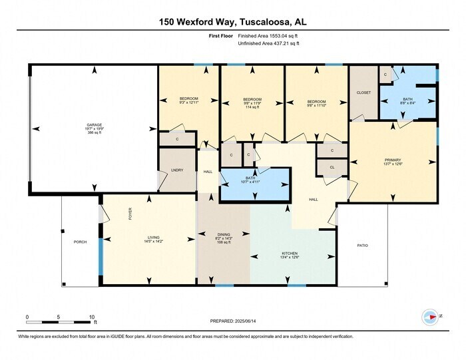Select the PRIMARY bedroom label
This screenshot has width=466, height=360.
tap(393, 160)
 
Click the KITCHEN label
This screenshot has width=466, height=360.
tap(290, 253)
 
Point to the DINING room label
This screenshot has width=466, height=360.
tap(224, 234)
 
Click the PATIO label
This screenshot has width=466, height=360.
tap(362, 246)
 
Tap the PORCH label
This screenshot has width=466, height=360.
tap(81, 242)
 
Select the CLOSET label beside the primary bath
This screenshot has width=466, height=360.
tap(363, 92)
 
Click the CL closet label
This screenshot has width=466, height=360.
tap(332, 168)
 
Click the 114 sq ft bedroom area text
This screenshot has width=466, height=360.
tap(252, 108)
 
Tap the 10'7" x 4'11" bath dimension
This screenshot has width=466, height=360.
tap(256, 182)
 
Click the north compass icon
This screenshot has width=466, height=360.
tap(431, 317)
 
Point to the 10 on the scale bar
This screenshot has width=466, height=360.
tap(93, 317)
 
